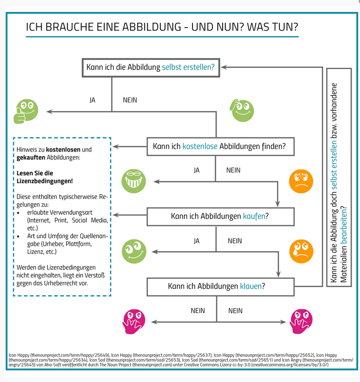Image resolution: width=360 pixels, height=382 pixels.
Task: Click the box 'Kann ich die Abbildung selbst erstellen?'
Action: [150, 67]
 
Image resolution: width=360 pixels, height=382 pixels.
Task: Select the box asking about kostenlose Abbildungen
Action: [220, 146]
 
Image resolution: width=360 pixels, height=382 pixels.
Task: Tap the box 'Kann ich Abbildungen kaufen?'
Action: [220, 216]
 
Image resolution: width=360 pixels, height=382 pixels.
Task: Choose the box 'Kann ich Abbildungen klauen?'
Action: [220, 286]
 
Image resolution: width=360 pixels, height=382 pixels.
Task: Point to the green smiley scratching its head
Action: [242, 109]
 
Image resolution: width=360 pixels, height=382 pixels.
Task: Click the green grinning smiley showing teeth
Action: [133, 181]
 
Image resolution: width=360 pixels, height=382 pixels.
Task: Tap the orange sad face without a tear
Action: [301, 181]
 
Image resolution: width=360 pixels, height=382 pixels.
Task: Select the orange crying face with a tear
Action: [301, 251]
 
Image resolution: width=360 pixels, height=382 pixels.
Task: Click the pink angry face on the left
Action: [133, 321]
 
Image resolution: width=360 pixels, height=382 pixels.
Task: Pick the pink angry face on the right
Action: [301, 321]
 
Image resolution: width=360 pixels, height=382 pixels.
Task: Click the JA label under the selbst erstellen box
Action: [92, 100]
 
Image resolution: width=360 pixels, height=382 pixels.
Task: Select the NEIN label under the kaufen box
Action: [235, 241]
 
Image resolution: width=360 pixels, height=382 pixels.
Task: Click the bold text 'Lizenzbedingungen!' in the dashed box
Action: [45, 181]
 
